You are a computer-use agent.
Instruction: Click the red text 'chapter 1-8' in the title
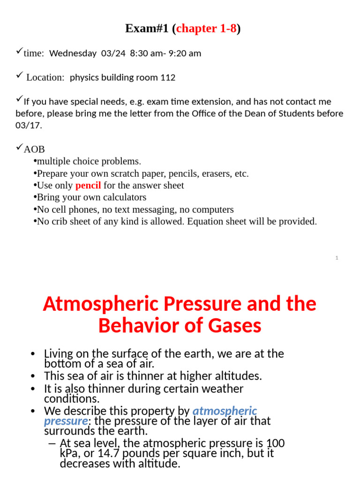tap(207, 29)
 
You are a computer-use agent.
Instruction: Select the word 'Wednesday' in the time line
tap(73, 53)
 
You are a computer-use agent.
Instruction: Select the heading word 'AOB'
tap(34, 150)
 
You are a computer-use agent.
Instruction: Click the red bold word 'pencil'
tap(88, 185)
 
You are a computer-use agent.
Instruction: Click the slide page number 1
tap(337, 257)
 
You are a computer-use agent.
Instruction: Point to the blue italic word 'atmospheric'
tap(225, 411)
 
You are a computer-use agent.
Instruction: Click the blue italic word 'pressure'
tap(66, 421)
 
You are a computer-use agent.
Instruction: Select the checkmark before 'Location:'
tap(19, 76)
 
